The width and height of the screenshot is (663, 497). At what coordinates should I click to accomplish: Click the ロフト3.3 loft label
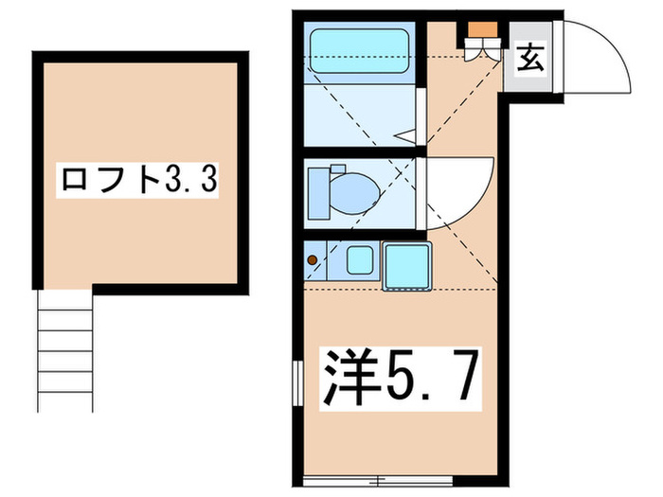tap(139, 178)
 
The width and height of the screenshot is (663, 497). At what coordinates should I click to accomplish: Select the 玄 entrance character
tap(530, 60)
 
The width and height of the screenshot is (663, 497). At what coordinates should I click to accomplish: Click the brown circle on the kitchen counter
tap(313, 259)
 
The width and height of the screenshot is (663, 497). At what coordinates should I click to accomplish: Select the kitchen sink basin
tap(360, 259)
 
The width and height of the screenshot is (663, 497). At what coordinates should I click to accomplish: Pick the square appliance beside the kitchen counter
tap(408, 264)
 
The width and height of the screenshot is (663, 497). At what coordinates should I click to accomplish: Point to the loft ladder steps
tap(65, 350)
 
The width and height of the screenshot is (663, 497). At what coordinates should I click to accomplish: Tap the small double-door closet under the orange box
tap(481, 49)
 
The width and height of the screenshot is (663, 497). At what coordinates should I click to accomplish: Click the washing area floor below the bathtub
tap(355, 114)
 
